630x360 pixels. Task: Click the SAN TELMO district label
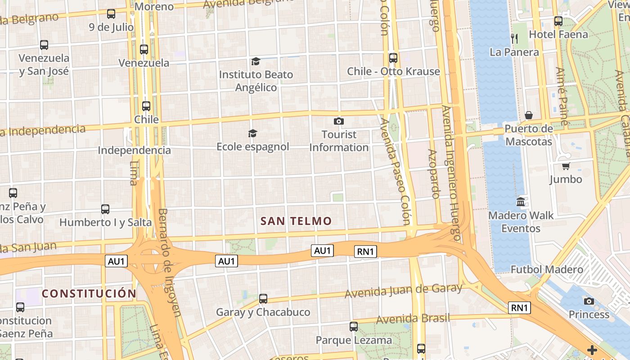click(296, 221)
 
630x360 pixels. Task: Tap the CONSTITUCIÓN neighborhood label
click(89, 294)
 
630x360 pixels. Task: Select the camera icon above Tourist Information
click(339, 121)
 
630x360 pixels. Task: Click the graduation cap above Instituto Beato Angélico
click(256, 61)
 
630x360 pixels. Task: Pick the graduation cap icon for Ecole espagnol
click(252, 133)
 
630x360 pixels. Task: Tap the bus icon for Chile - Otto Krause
click(393, 58)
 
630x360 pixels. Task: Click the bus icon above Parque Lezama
click(354, 327)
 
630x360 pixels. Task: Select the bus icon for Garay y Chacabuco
click(263, 298)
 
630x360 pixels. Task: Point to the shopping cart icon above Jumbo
click(566, 166)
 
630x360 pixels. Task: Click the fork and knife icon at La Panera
click(514, 39)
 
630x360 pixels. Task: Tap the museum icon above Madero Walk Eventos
click(521, 202)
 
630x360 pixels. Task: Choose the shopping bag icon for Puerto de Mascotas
click(529, 115)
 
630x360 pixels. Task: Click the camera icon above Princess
click(589, 301)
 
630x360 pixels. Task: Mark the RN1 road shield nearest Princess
click(520, 308)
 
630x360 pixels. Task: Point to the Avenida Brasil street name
click(413, 319)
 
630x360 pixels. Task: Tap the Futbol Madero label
click(547, 270)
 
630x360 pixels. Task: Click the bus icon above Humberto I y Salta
click(105, 209)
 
